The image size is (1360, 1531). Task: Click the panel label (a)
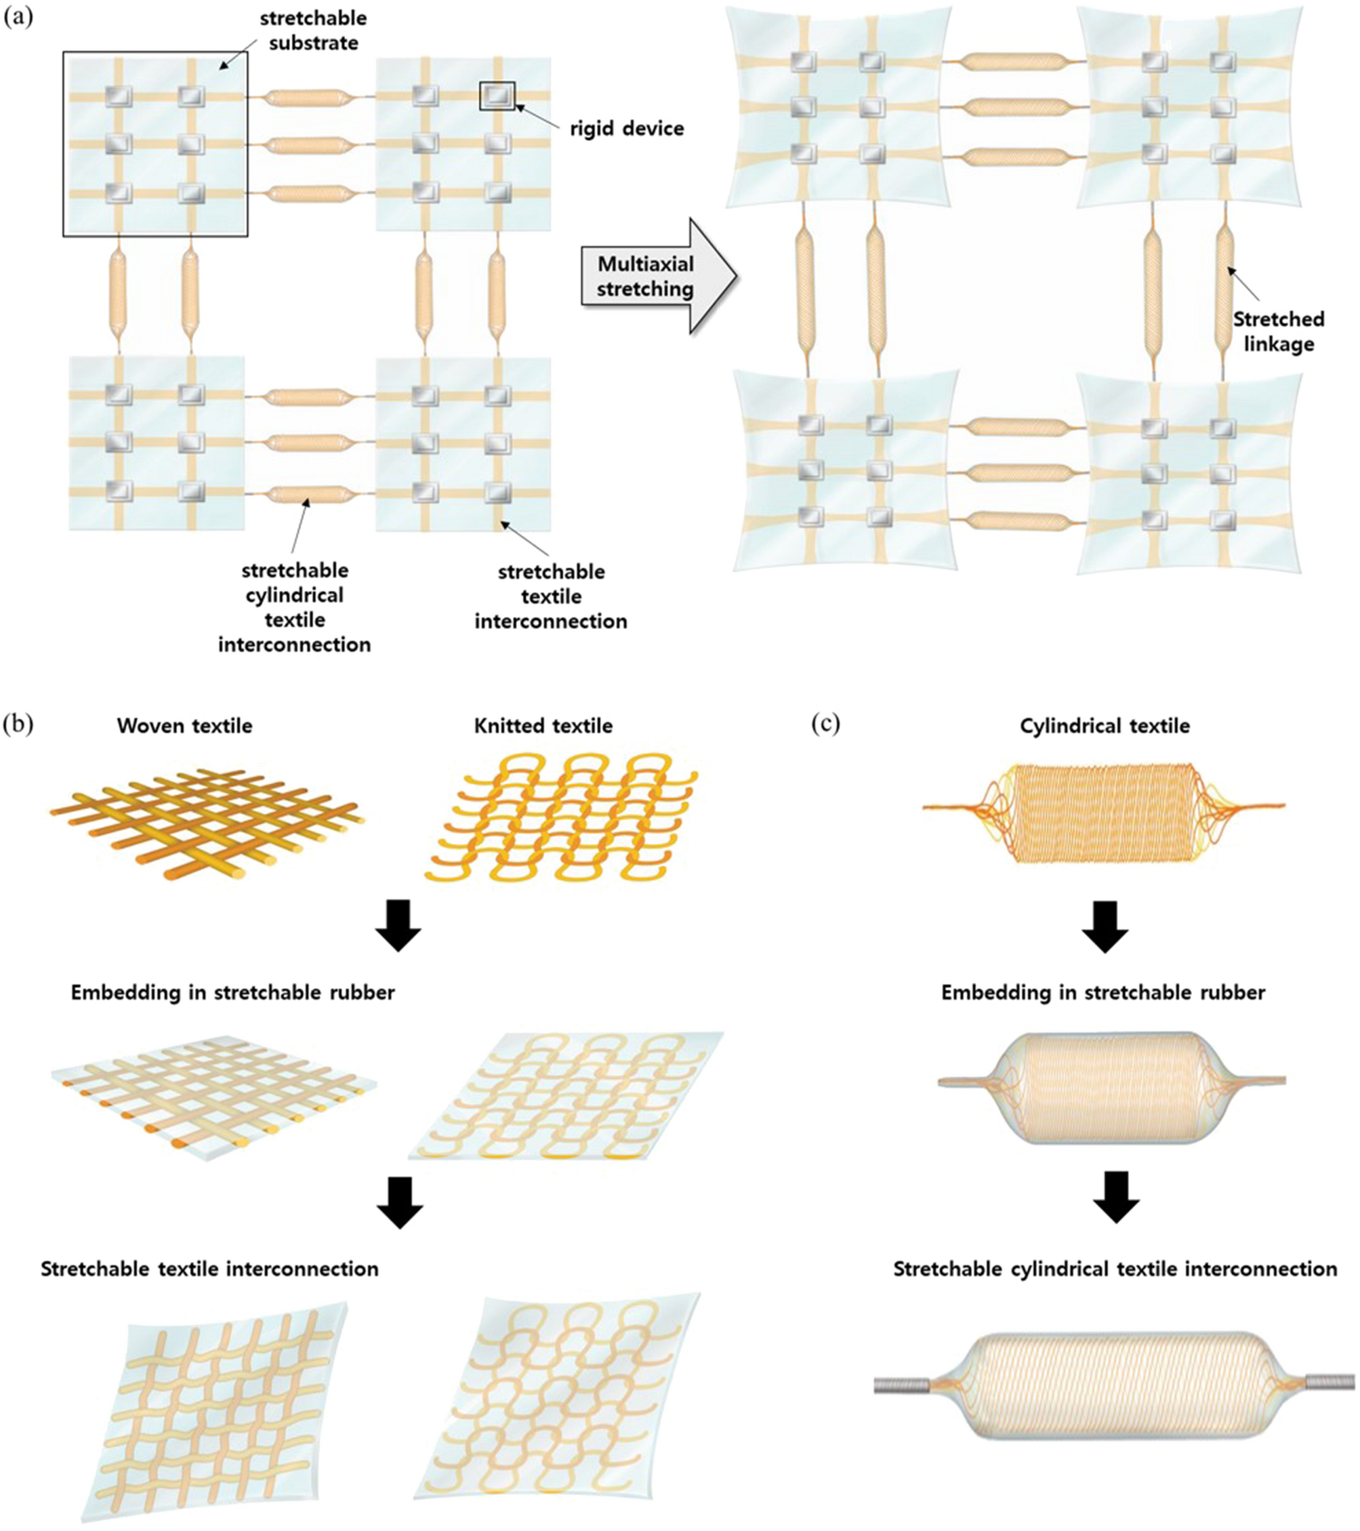(18, 19)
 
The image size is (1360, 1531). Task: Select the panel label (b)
(18, 724)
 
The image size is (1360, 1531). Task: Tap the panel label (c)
(826, 724)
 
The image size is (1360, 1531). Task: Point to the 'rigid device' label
(627, 129)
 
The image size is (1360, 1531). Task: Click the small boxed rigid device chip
(497, 95)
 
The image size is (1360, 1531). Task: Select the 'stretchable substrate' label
(313, 31)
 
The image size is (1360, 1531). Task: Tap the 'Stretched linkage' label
(1279, 332)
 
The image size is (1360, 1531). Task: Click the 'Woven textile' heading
(184, 726)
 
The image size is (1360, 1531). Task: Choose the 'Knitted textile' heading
(543, 726)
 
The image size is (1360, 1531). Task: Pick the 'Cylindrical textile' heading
(1105, 726)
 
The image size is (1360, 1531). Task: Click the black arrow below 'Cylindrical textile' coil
(1105, 926)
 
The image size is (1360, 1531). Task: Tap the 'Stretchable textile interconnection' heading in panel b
(209, 1269)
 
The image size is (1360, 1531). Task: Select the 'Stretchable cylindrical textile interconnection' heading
(1115, 1269)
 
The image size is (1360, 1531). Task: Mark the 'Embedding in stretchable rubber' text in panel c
(1103, 992)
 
